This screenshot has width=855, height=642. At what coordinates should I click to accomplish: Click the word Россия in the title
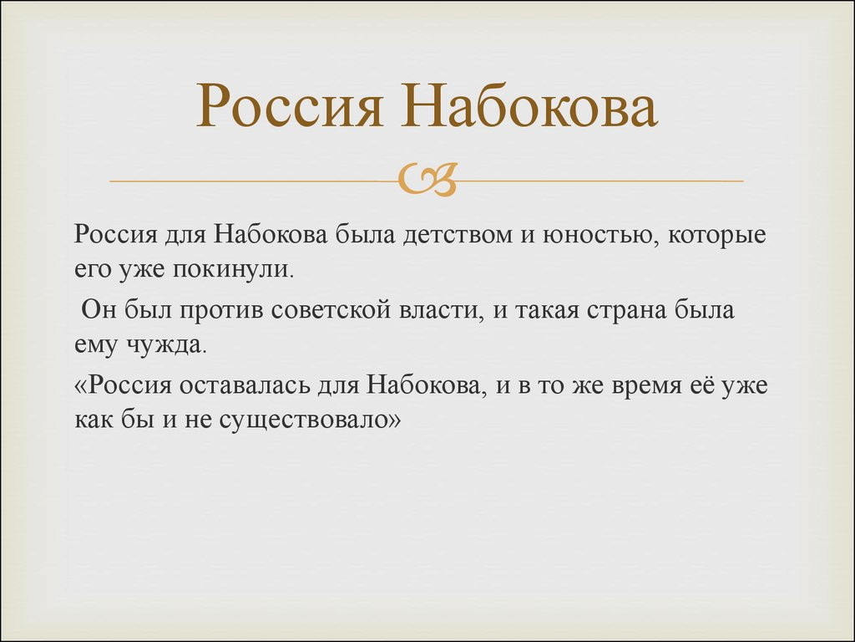288,107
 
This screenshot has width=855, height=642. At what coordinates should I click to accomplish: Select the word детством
458,235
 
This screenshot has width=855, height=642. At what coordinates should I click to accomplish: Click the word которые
717,236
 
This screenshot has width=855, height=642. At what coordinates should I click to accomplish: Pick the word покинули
233,270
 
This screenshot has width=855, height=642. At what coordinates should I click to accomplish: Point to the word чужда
167,345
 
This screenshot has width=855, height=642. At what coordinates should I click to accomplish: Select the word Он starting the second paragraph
99,310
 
